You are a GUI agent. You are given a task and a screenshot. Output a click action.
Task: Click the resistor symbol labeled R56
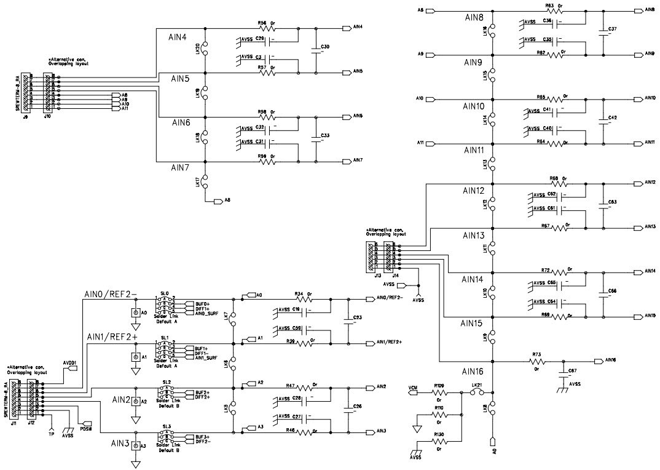click(x=268, y=28)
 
